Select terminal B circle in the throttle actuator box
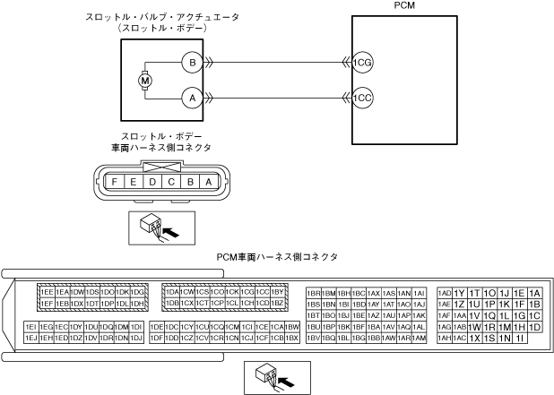click(190, 63)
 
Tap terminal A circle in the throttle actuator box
click(190, 98)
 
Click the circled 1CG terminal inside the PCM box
click(362, 63)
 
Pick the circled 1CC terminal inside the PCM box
click(362, 98)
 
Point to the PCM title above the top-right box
click(404, 7)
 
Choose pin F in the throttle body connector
click(116, 182)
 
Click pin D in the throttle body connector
click(153, 182)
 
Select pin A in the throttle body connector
click(209, 182)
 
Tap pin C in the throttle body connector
click(171, 182)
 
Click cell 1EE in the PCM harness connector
click(46, 292)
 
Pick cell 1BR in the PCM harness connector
click(314, 293)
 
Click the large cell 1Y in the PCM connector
click(459, 293)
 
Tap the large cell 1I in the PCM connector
click(520, 339)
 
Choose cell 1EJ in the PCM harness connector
click(30, 339)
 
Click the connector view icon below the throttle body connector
click(153, 228)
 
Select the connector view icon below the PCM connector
click(276, 375)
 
